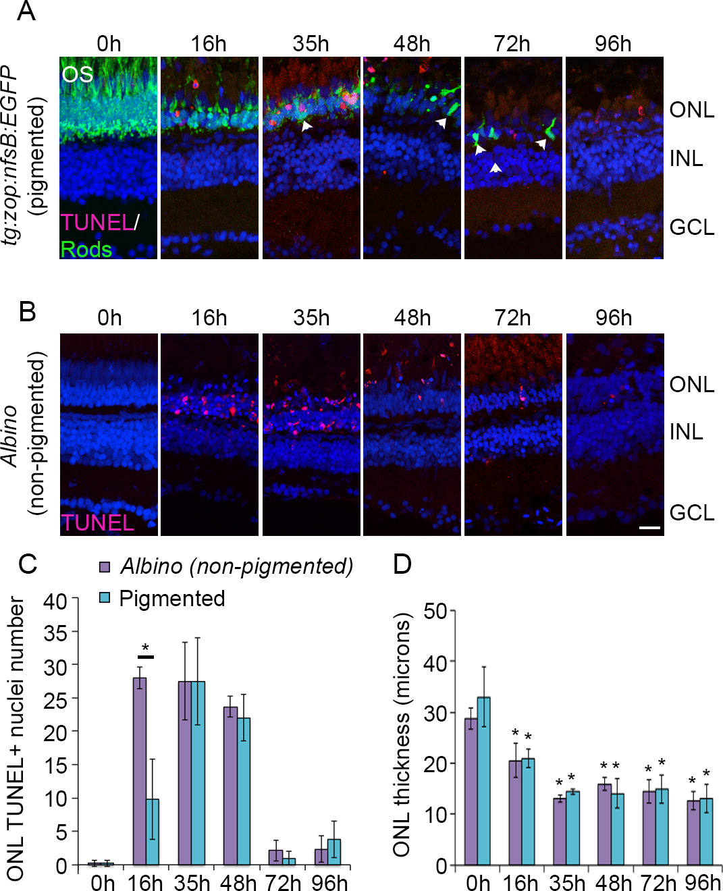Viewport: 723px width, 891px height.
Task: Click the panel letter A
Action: pos(26,11)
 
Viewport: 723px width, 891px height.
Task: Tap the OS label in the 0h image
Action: pos(77,74)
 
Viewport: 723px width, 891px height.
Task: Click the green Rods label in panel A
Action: pos(86,249)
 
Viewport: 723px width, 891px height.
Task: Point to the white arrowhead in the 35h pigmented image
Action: pos(306,126)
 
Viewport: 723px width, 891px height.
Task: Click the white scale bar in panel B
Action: pos(649,526)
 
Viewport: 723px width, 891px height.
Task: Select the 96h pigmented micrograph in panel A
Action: pos(614,158)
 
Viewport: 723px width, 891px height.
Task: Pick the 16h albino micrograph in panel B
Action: pos(209,434)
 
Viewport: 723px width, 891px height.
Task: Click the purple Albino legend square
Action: pos(105,566)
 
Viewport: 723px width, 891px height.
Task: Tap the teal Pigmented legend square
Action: pos(105,598)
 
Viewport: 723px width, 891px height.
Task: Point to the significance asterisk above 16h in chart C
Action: pos(145,649)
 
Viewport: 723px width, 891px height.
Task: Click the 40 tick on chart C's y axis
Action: pos(55,600)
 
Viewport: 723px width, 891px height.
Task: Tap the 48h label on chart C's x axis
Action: pos(238,882)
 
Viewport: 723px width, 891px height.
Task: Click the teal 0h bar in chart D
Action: pos(483,781)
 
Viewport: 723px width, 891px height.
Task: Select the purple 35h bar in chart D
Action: pos(560,831)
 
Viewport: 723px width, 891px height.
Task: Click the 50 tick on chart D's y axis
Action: pos(435,611)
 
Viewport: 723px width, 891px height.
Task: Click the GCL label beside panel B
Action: pos(691,513)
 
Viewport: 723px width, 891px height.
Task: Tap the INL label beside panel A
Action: pos(686,159)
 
